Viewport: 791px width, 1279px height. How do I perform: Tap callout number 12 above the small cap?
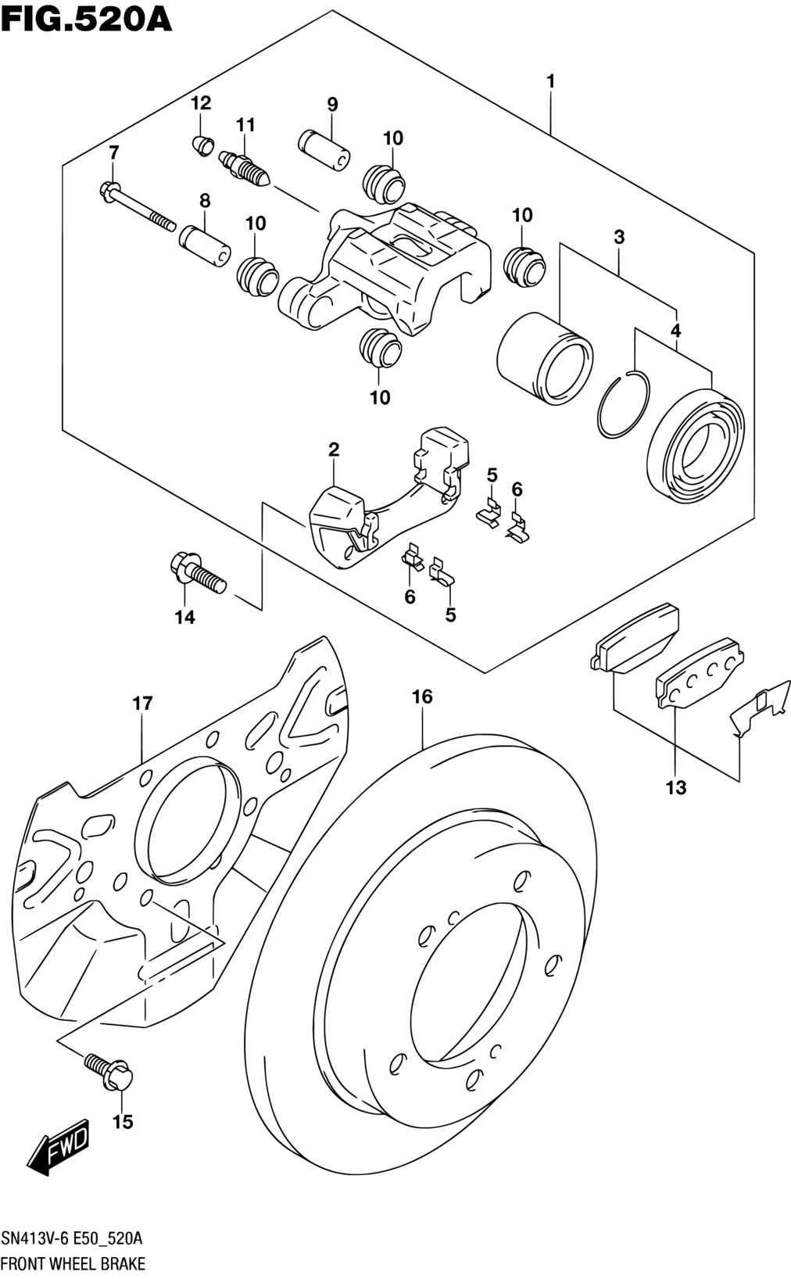click(x=201, y=103)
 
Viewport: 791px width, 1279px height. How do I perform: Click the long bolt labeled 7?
click(x=137, y=206)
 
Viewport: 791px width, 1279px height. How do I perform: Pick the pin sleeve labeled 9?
click(x=324, y=150)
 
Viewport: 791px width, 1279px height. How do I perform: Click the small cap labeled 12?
click(x=202, y=146)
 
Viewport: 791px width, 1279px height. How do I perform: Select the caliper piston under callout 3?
click(x=545, y=359)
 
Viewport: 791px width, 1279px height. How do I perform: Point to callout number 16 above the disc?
click(x=422, y=697)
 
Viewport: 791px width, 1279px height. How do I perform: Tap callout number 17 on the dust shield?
click(x=143, y=704)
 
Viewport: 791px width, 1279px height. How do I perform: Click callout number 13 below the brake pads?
click(x=676, y=789)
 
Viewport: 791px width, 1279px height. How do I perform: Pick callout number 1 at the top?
click(x=550, y=81)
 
